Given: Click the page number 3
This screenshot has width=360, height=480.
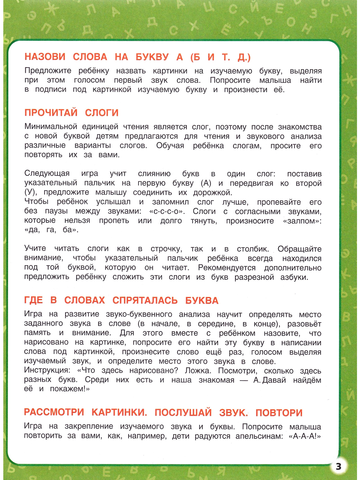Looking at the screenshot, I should click(339, 466).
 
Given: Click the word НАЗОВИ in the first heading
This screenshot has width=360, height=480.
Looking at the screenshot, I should click(45, 57).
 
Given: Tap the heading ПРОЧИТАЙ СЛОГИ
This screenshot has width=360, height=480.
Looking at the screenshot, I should click(71, 113).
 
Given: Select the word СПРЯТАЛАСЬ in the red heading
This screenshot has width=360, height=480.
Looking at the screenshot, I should click(145, 300).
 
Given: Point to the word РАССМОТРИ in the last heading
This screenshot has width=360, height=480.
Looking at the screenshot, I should click(54, 412).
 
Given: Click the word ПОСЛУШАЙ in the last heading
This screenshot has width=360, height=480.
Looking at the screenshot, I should click(183, 412).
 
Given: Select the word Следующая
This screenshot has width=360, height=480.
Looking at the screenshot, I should click(47, 173).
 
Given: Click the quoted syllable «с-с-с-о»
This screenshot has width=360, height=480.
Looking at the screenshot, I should click(167, 211).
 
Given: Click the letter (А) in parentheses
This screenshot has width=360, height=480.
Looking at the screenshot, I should click(206, 183).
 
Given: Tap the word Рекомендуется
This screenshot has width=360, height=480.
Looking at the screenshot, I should click(227, 268).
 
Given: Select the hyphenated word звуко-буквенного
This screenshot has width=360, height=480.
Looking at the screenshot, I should click(139, 314).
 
